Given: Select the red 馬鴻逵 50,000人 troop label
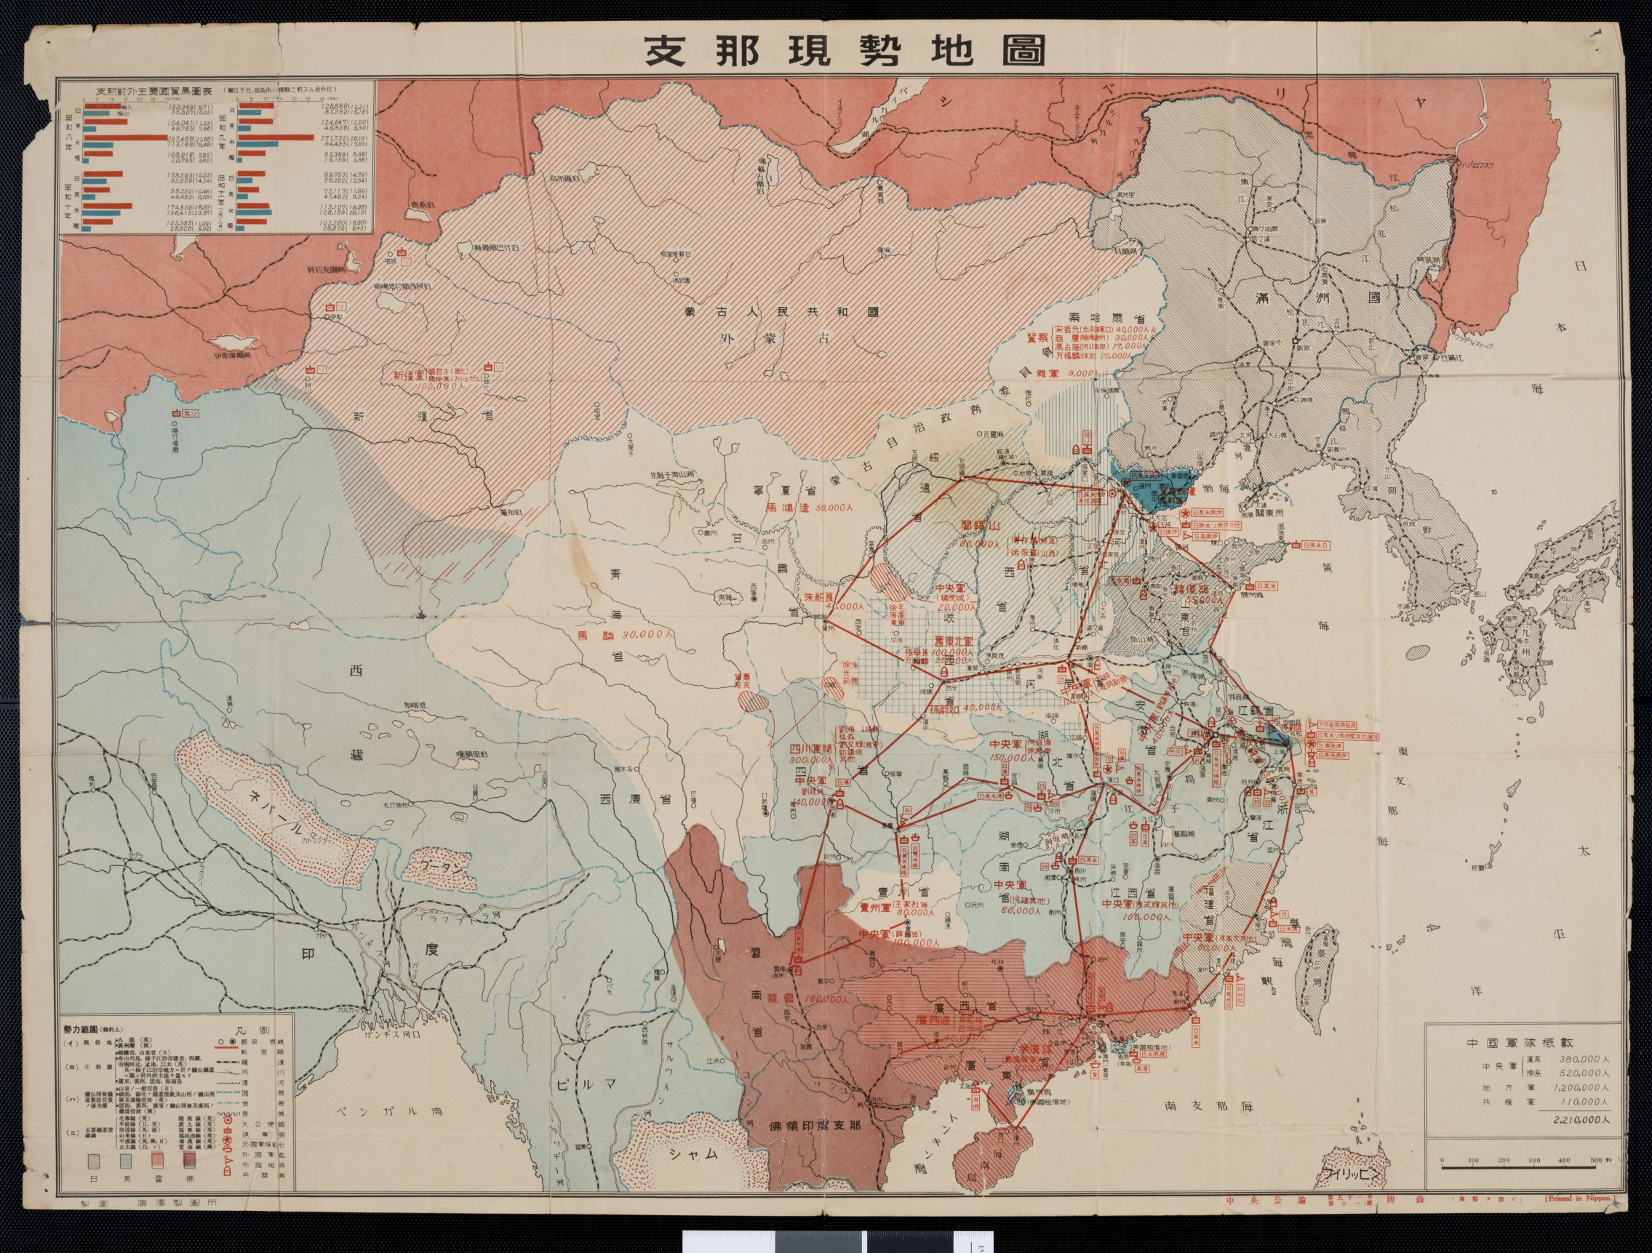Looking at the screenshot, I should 810,508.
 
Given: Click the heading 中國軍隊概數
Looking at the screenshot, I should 1523,1043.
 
